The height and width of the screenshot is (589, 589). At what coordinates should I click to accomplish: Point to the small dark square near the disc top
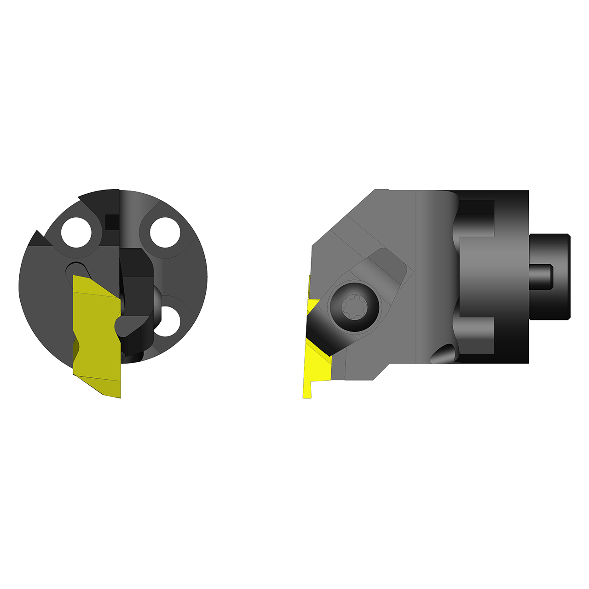[112, 222]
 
